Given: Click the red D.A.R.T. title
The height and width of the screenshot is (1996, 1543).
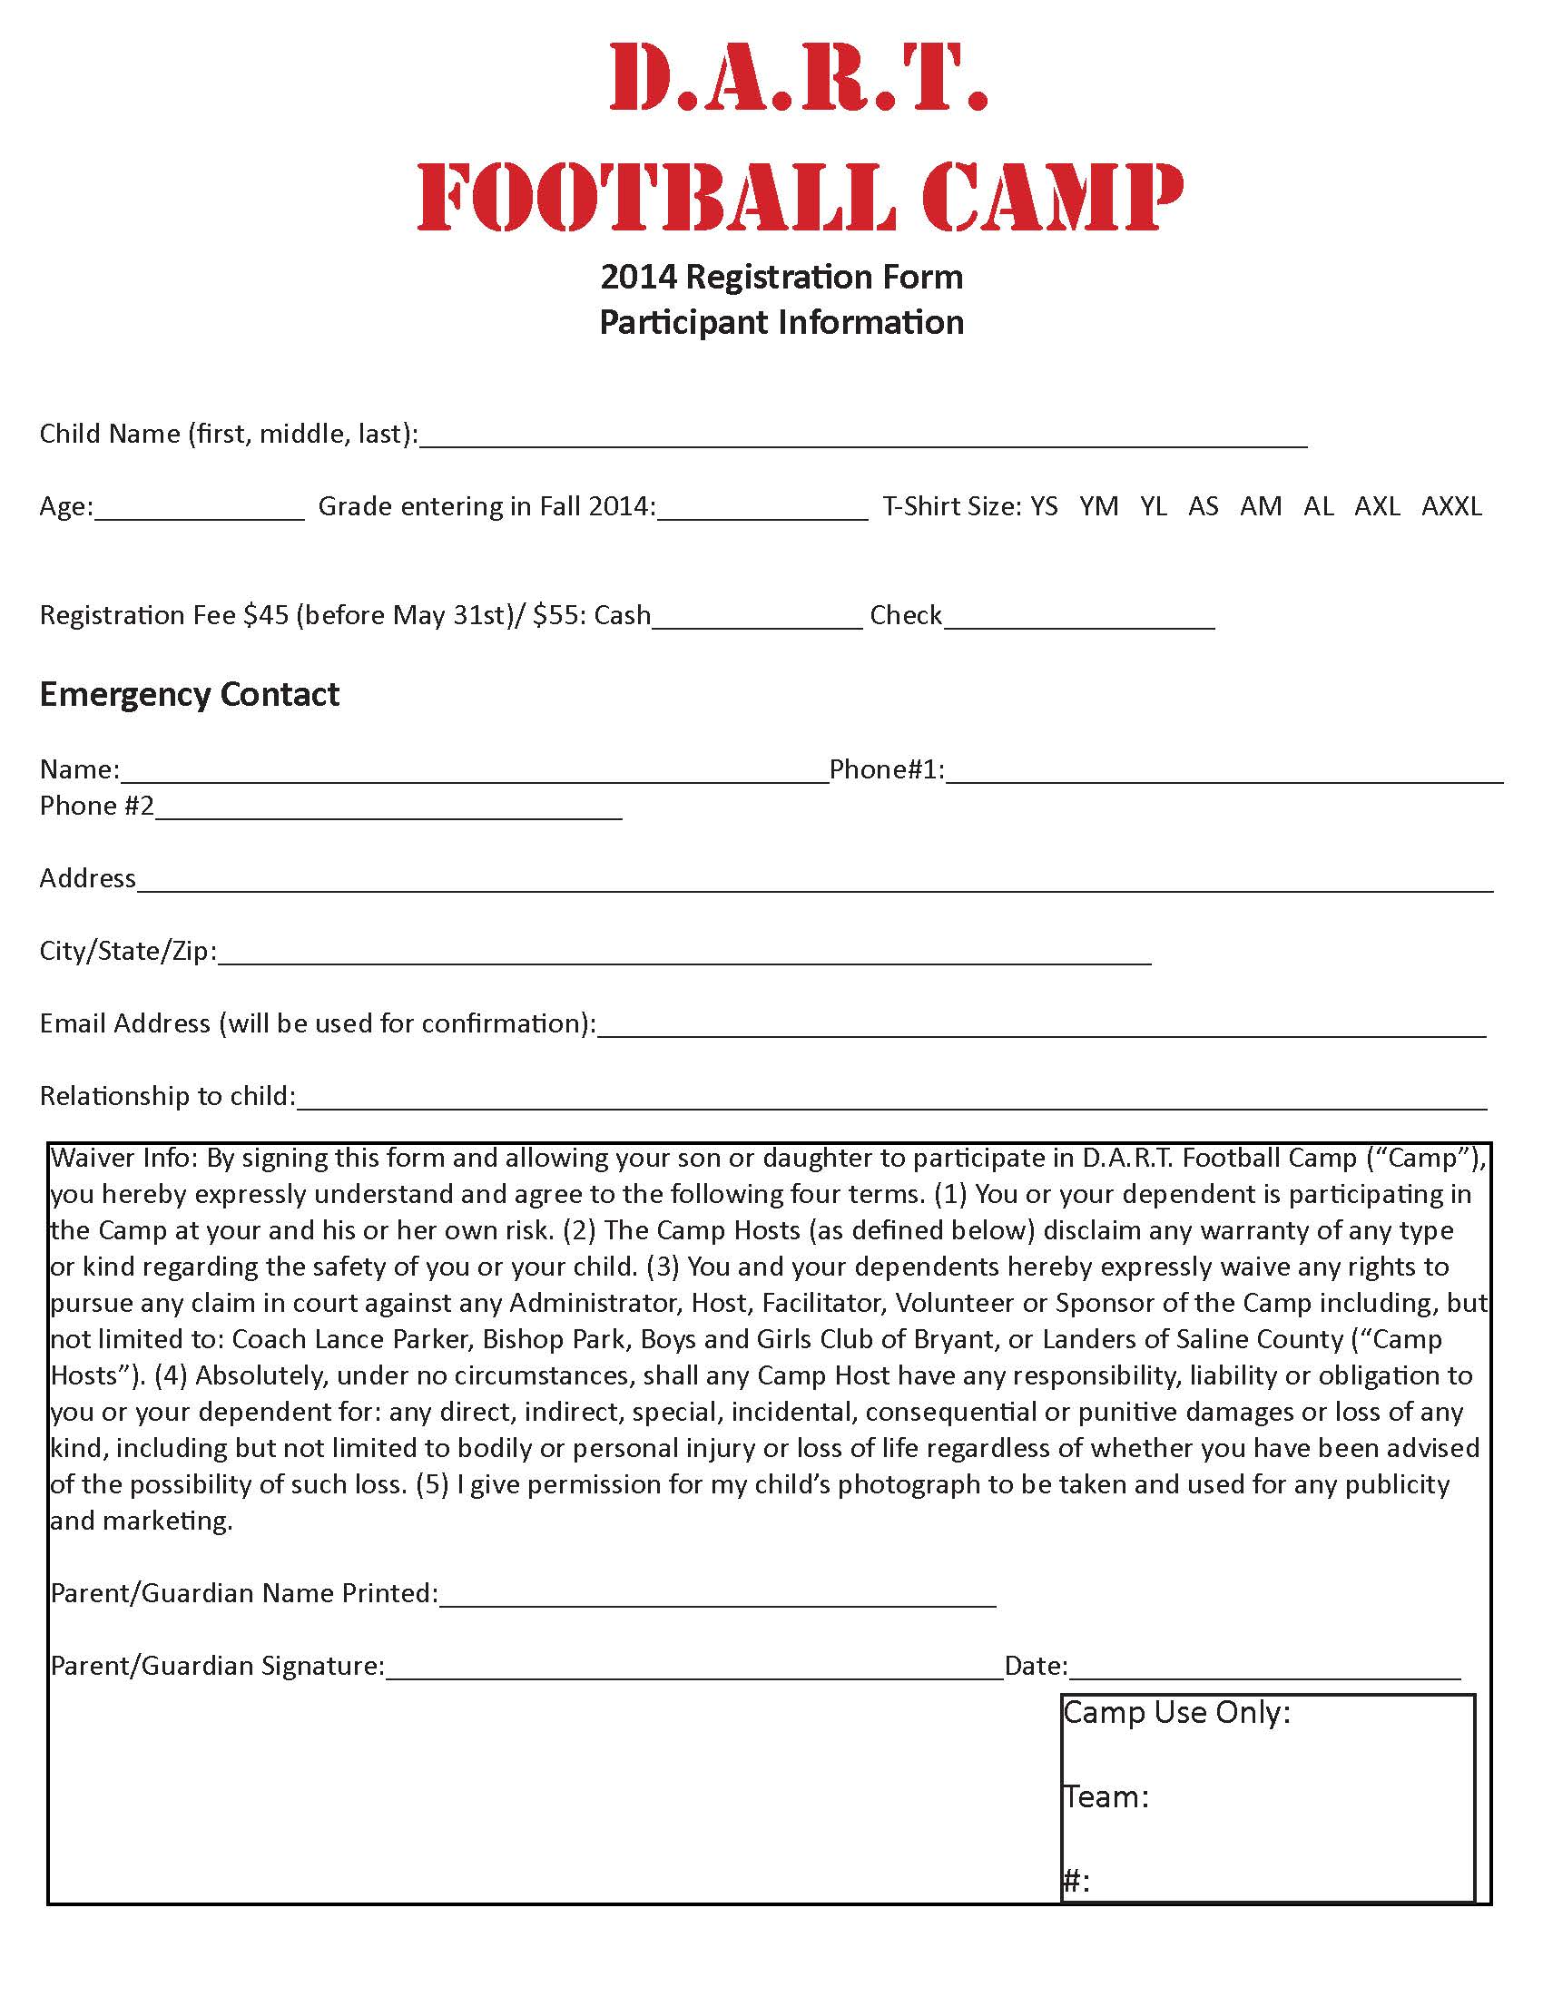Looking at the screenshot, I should [798, 77].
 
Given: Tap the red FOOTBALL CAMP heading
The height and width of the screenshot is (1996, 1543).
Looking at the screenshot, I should [800, 196].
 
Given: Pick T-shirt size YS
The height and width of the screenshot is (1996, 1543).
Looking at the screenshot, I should [1044, 506].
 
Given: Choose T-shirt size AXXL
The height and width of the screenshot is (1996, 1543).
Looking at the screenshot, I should [1451, 506].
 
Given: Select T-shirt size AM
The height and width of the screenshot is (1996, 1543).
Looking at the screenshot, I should [1261, 506].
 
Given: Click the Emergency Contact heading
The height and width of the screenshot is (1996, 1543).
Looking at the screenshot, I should [189, 696].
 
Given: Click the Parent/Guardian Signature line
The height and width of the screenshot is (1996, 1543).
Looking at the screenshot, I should [694, 1669].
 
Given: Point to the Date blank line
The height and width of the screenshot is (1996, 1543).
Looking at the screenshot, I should [1264, 1669].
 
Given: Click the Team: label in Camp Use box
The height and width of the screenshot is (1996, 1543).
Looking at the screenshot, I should [1106, 1797].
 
